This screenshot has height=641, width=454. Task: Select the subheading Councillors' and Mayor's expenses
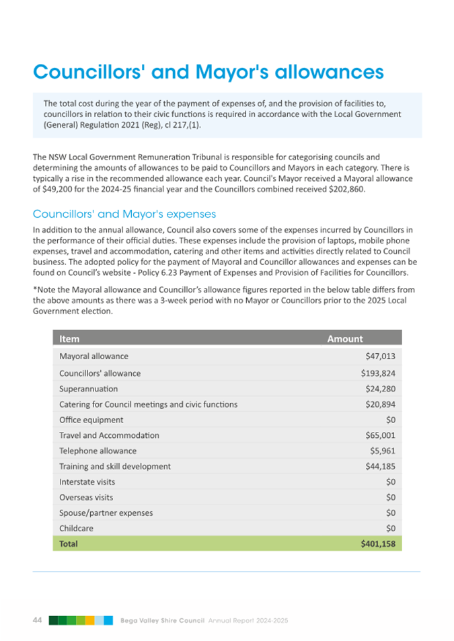(x=124, y=214)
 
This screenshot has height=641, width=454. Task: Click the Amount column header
(x=344, y=339)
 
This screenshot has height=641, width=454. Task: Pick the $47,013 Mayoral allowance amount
(x=380, y=356)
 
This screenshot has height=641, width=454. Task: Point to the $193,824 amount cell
(x=378, y=373)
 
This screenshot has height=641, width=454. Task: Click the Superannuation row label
(x=88, y=389)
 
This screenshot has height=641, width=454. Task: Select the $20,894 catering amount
(x=380, y=404)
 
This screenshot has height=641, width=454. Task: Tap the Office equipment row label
(x=91, y=420)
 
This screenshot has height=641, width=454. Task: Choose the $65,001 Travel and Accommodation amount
(x=380, y=435)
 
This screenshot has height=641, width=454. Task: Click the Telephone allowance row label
(x=98, y=451)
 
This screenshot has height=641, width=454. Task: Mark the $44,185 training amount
(x=380, y=466)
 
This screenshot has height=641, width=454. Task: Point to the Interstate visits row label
(x=87, y=482)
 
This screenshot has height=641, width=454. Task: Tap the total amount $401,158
(x=378, y=543)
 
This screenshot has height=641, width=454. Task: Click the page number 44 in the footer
(x=38, y=619)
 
